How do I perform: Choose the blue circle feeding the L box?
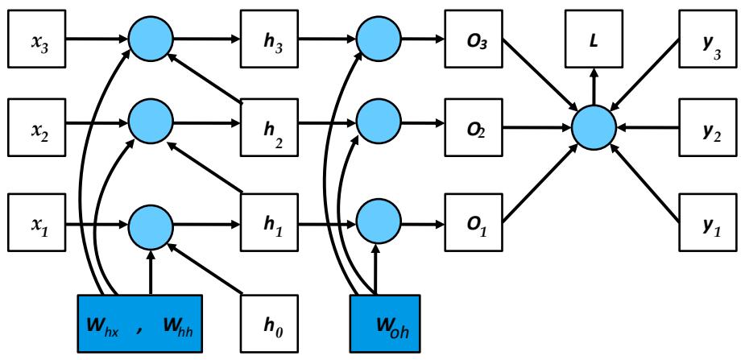(594, 127)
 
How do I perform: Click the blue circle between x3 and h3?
(151, 37)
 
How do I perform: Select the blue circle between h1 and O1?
(375, 217)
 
